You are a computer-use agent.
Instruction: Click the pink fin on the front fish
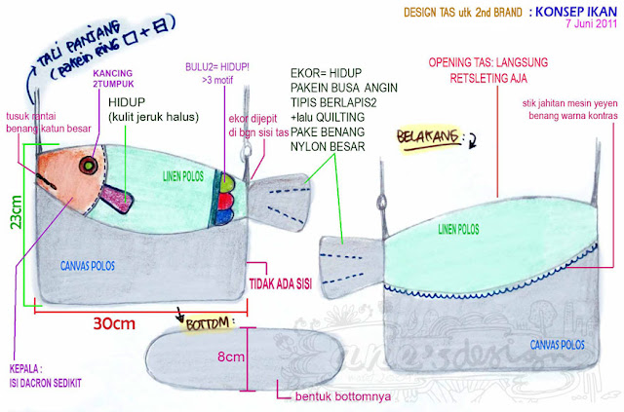click(119, 200)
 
